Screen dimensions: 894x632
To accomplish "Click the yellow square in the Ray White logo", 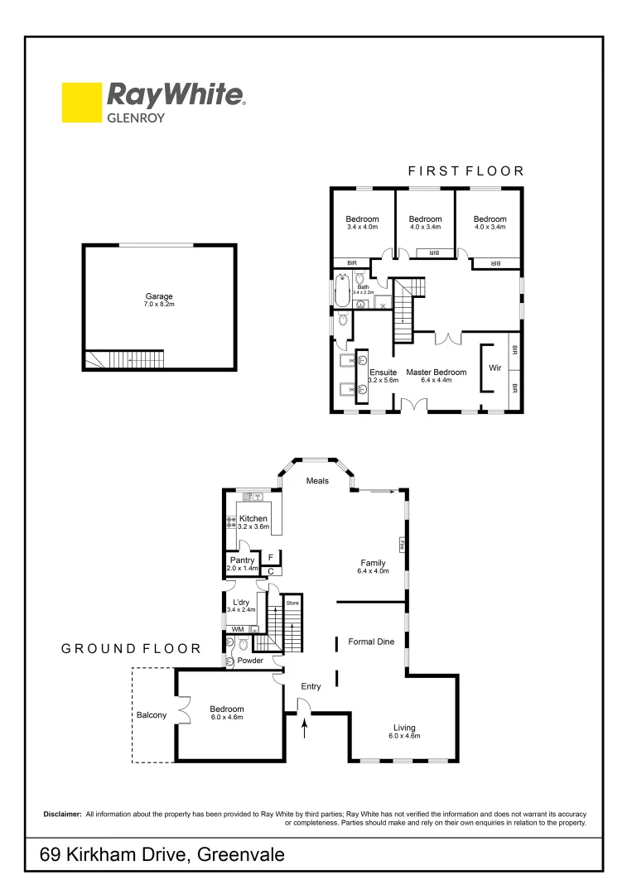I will tap(80, 102).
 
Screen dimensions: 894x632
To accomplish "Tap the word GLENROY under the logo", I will tap(136, 118).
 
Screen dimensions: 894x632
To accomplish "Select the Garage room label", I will tap(159, 296).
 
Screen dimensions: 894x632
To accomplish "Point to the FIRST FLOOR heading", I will tap(466, 171).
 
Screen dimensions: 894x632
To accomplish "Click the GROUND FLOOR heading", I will tap(131, 649).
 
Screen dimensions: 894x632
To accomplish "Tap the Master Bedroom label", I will tap(436, 372).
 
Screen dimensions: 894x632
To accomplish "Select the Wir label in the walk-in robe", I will tap(495, 367).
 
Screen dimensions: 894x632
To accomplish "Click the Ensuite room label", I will tap(384, 372).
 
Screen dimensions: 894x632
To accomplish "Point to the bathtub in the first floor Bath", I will tap(341, 295).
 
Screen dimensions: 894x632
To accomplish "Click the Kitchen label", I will tap(253, 518).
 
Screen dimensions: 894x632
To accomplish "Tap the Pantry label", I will tap(242, 560).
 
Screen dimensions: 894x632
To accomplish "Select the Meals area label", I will tap(317, 480).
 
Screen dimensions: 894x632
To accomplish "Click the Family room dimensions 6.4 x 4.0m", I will tap(373, 571).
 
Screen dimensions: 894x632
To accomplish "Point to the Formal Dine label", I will tap(370, 642).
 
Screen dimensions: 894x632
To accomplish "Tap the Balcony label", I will tap(152, 715).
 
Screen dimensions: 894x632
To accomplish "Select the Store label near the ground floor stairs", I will tap(292, 603).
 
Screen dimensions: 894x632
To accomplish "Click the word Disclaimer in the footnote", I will tap(62, 815).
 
